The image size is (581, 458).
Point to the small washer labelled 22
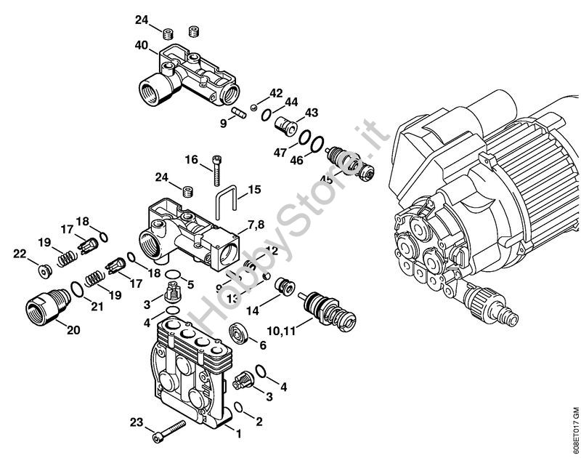click(44, 270)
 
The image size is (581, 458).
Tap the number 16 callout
click(191, 158)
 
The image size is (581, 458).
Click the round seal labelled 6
click(239, 335)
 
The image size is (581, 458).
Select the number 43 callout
click(312, 113)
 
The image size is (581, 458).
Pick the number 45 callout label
click(327, 180)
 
